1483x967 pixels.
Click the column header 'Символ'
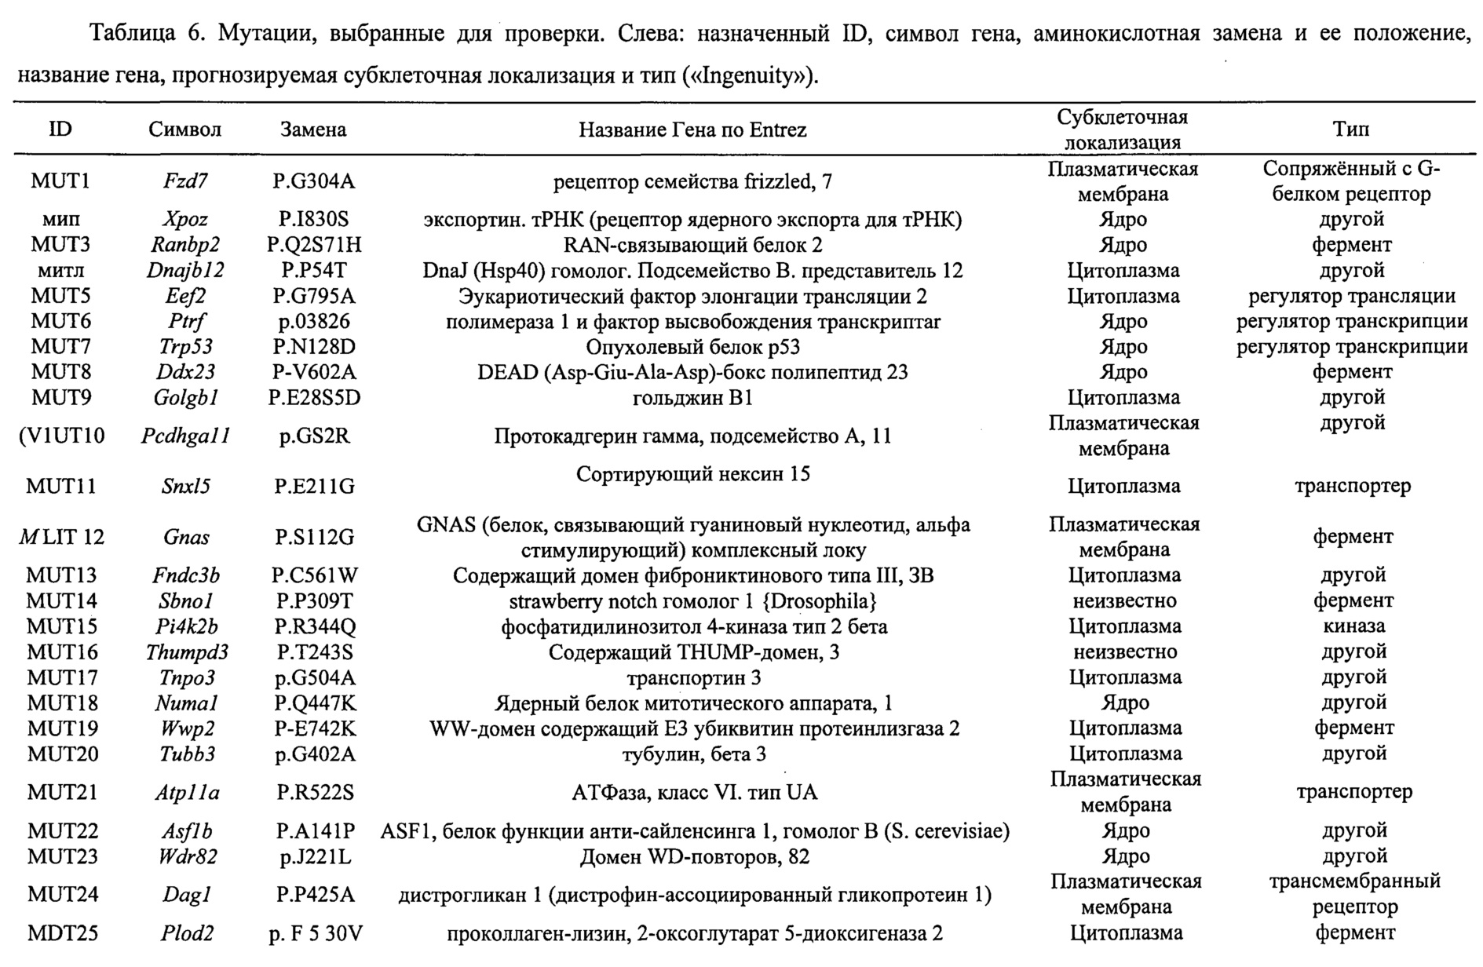tap(184, 130)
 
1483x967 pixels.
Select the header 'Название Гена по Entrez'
tap(692, 130)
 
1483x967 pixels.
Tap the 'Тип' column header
tap(1350, 130)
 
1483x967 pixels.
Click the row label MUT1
tap(60, 181)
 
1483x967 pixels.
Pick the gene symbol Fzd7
tap(185, 181)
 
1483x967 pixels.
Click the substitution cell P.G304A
tap(313, 181)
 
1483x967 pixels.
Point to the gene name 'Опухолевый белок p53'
tap(692, 347)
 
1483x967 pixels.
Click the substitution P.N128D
tap(313, 347)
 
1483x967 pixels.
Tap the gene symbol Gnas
tap(186, 537)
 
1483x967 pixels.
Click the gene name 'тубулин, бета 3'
tap(693, 754)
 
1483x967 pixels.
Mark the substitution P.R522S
tap(314, 792)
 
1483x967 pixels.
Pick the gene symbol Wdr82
tap(187, 856)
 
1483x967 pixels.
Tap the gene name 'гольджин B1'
tap(692, 398)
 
